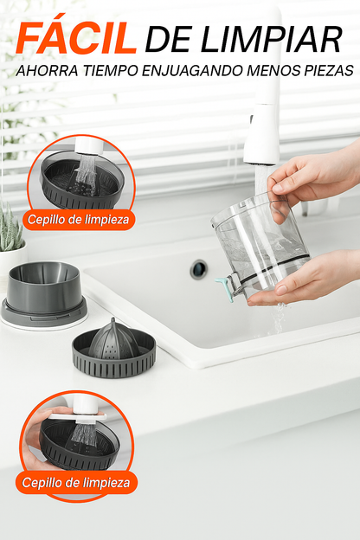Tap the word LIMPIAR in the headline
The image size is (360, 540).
point(272,39)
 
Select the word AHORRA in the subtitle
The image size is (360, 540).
point(48,71)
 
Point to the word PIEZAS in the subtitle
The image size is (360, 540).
point(329,71)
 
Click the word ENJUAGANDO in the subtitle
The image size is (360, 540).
point(193,71)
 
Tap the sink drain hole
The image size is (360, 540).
point(199,269)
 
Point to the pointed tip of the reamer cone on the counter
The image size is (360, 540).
point(113,320)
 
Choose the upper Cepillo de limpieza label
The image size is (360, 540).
point(78,220)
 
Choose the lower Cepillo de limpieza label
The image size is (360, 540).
point(76,483)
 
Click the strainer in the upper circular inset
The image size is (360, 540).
point(82,182)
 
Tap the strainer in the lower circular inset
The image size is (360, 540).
point(80,444)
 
